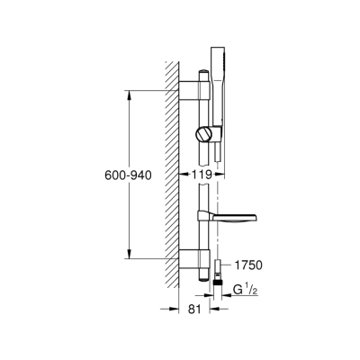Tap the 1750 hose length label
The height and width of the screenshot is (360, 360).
(x=249, y=265)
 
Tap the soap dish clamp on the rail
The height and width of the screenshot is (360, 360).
(x=204, y=217)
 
